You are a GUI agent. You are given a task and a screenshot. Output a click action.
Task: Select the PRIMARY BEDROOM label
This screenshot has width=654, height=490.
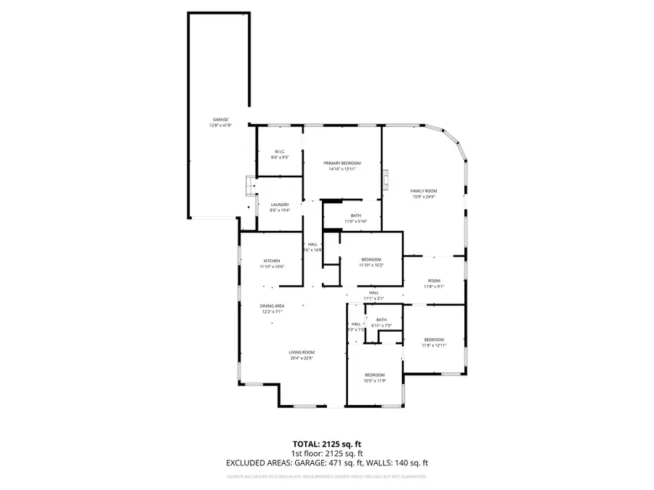click(x=342, y=163)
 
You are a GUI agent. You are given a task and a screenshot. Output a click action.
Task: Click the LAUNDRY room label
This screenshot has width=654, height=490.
click(x=280, y=205)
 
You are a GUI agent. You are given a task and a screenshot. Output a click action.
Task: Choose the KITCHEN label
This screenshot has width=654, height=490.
click(x=272, y=261)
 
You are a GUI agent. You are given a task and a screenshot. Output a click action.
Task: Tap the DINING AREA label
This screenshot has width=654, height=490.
click(x=272, y=306)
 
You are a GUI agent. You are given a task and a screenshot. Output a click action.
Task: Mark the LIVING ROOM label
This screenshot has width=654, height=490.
click(x=301, y=352)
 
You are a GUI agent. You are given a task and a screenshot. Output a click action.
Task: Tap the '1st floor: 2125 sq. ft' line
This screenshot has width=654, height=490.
click(x=326, y=452)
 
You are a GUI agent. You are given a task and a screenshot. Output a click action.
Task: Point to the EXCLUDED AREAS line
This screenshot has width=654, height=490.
click(x=326, y=462)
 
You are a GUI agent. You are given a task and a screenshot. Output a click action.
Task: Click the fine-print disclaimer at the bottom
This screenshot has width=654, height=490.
click(x=326, y=477)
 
